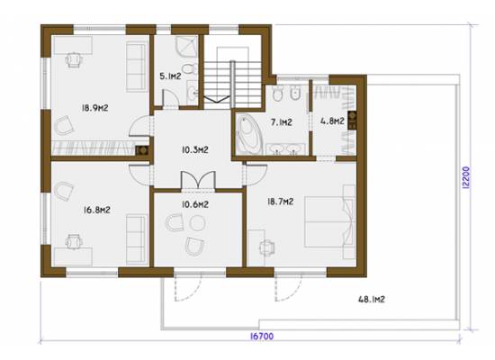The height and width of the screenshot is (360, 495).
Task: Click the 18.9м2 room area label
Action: pos(95,108)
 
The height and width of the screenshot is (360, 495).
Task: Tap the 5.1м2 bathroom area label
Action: pos(170,76)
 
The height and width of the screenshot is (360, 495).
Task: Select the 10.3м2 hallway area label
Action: pos(195,149)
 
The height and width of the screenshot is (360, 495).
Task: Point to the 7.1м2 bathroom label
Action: pos(282,121)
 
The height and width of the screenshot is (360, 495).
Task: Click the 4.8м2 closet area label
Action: pos(332,121)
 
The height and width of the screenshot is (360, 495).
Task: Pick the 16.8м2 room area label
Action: pos(97,210)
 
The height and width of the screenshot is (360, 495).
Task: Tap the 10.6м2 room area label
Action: pos(195,204)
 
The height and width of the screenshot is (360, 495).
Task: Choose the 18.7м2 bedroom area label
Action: pos(281,202)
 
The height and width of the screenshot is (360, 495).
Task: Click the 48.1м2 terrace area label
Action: pos(372,299)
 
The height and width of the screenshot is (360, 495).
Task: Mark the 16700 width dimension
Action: pos(262,337)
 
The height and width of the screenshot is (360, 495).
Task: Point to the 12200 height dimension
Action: pos(466,178)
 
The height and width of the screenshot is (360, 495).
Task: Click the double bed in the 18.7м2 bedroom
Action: pos(329,221)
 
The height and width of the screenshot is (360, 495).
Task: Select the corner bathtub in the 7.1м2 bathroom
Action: pos(250,135)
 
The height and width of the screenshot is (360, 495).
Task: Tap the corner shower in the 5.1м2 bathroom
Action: pos(186,47)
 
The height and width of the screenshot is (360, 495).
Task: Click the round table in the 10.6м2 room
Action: pos(198,222)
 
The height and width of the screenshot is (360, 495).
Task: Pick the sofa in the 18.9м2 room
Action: pos(137,67)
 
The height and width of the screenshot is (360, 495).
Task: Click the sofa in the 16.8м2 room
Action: pos(137,239)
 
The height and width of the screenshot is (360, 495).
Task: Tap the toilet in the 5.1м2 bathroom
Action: pos(189,68)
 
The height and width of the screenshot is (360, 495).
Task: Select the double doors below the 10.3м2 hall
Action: pos(198,180)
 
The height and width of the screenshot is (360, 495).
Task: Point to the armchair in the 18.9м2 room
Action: pos(64,125)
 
